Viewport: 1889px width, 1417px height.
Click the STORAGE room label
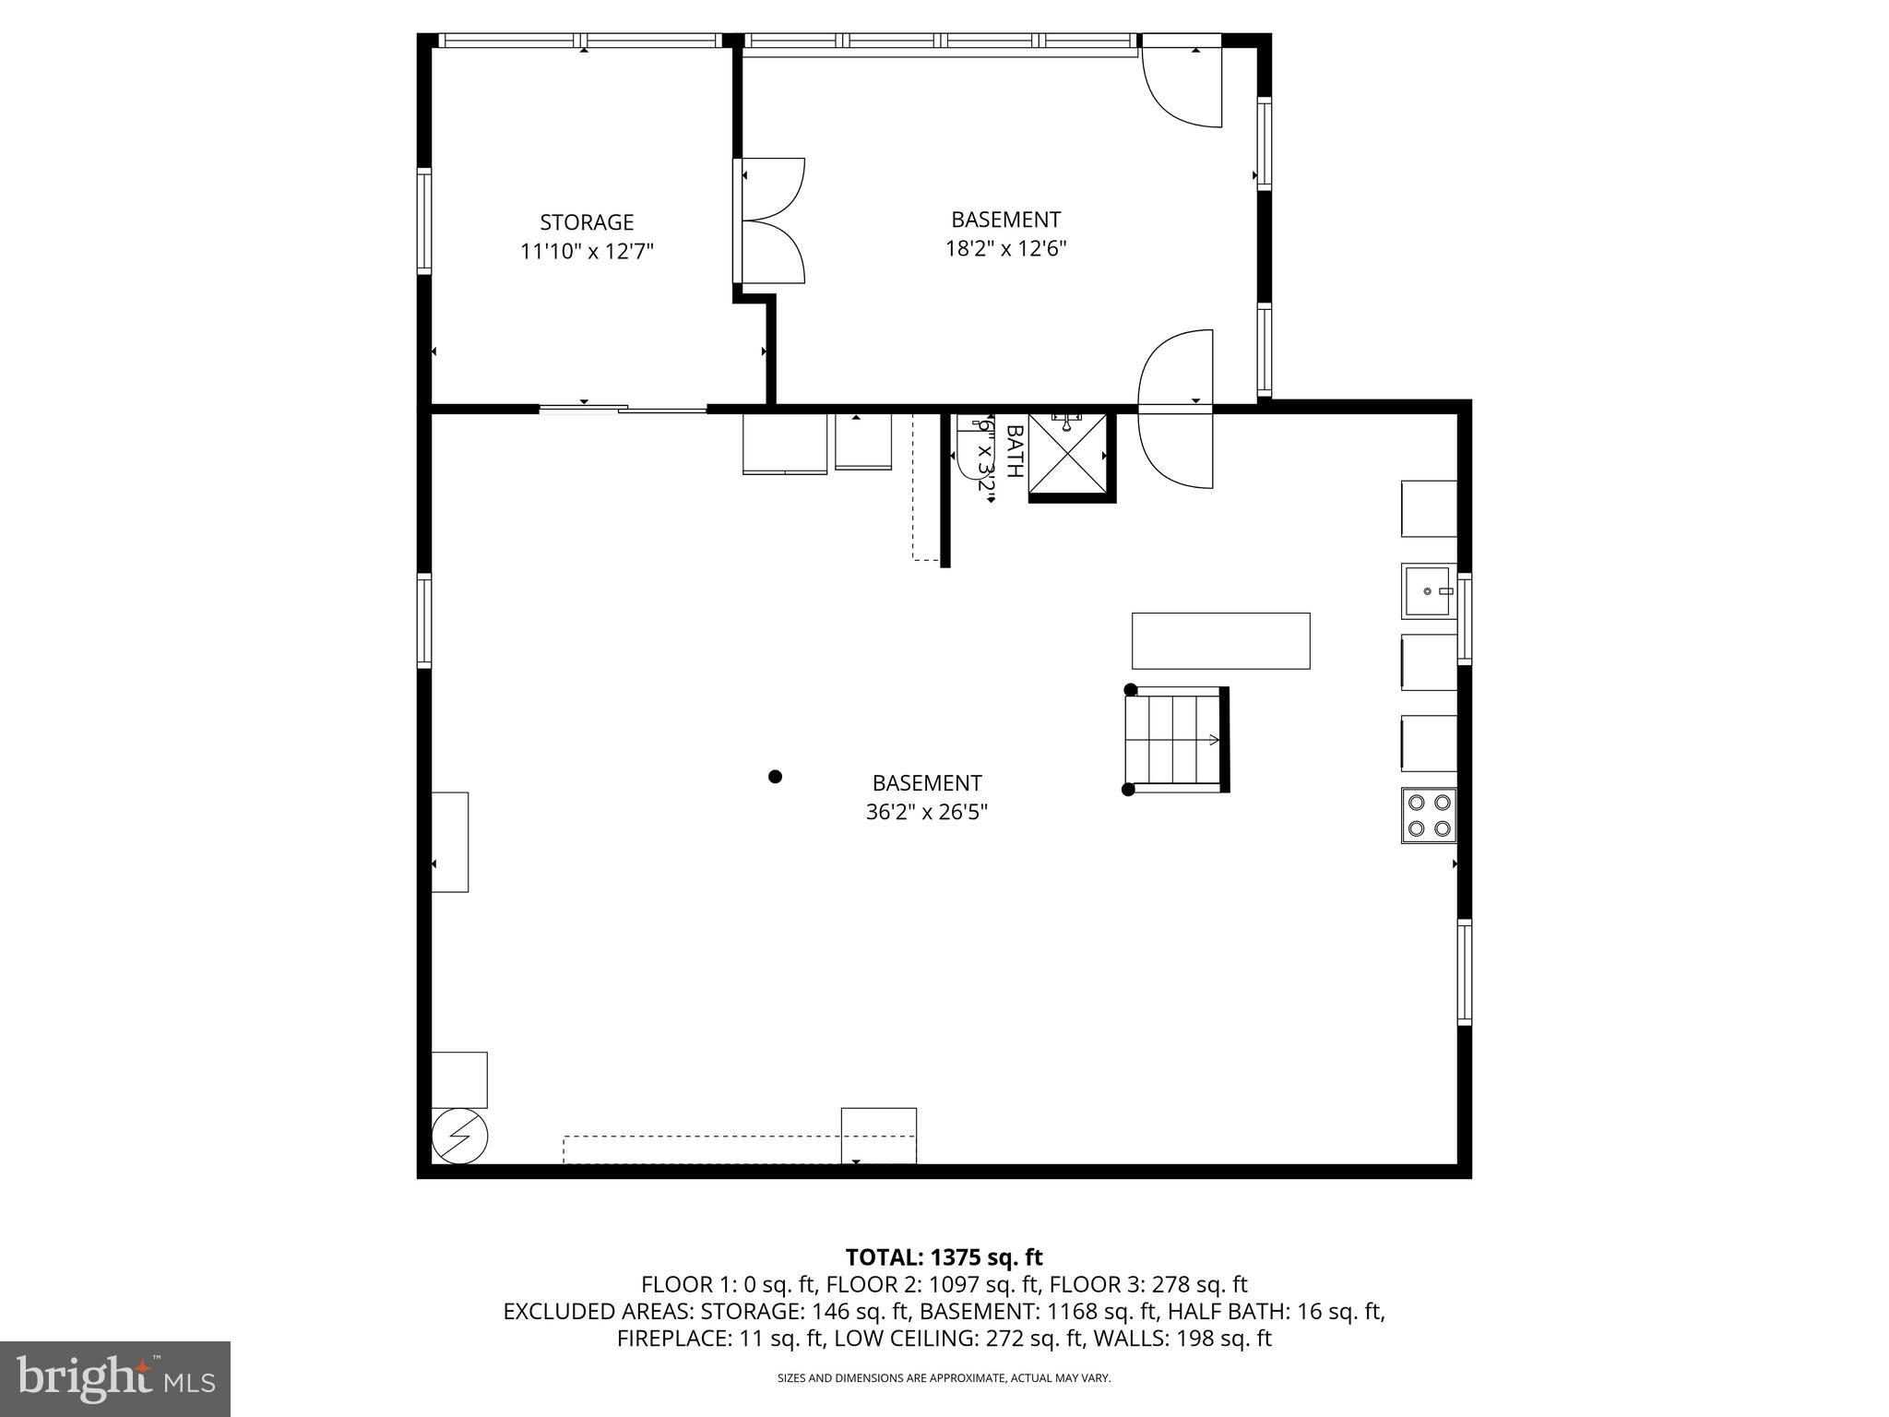587,222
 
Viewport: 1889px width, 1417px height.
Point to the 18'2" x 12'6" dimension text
1005,249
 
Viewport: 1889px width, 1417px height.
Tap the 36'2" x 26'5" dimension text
926,812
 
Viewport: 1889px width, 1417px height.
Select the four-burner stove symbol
1429,816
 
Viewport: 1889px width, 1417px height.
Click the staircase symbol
1173,739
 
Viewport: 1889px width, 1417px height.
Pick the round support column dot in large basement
775,777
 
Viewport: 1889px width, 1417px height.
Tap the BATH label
1014,451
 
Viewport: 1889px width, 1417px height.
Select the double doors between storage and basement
771,220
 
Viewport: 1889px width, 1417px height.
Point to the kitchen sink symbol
1428,590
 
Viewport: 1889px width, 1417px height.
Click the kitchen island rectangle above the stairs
1220,640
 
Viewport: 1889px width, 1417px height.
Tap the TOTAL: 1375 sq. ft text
944,1257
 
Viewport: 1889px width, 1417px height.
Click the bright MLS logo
115,1378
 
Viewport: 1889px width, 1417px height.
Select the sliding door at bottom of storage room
623,408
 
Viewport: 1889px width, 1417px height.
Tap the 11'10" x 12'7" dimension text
587,252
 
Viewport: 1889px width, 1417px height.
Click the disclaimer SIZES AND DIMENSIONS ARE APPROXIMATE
944,1378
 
